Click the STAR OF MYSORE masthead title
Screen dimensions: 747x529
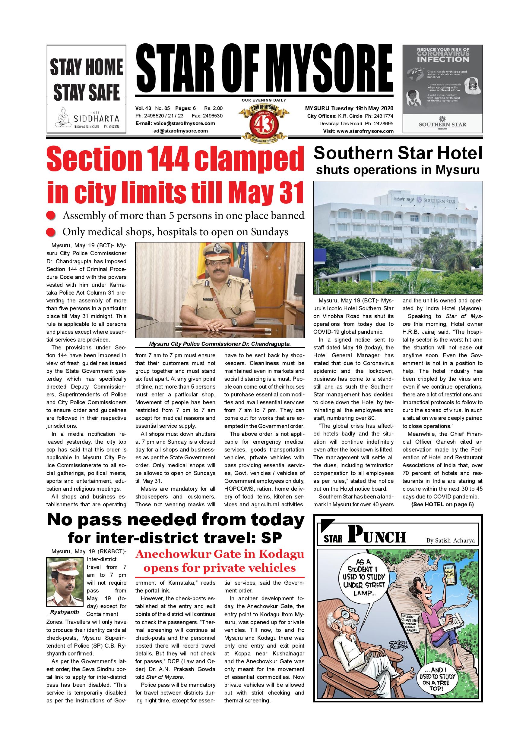[264, 69]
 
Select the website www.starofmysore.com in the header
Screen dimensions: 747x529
[365, 131]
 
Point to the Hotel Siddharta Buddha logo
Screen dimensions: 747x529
[64, 119]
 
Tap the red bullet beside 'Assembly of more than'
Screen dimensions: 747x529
[50, 216]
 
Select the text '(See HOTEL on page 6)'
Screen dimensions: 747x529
[442, 505]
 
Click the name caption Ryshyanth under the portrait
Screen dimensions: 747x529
[65, 612]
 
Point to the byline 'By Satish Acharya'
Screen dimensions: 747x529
[451, 541]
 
